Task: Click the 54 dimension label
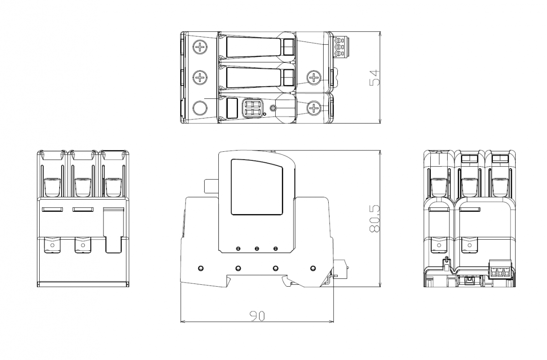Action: (375, 77)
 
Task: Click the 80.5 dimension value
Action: (375, 219)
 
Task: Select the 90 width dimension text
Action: (258, 316)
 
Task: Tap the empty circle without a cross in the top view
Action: (200, 108)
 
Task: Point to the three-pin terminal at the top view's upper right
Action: (340, 47)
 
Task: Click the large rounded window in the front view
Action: (257, 187)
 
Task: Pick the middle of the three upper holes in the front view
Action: (257, 249)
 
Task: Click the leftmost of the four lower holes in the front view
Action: (201, 268)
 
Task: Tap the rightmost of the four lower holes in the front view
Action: (313, 268)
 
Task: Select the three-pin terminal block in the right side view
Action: (500, 269)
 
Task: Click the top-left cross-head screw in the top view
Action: (200, 47)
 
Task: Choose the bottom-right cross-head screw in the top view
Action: (313, 108)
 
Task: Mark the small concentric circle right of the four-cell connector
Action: (273, 108)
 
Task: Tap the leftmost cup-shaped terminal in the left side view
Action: (52, 187)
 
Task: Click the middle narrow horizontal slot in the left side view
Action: (83, 210)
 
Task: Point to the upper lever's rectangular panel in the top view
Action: (253, 47)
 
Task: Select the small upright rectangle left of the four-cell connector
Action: (232, 108)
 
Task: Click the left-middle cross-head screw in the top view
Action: (200, 77)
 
